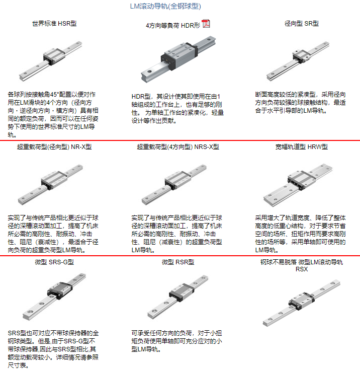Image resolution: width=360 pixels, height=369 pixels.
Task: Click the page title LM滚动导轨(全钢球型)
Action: (165, 6)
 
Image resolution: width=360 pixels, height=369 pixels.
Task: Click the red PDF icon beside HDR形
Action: (206, 24)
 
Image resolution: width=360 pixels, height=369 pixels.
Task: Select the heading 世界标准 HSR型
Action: (54, 24)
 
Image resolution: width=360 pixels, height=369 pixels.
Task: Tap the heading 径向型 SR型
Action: (302, 24)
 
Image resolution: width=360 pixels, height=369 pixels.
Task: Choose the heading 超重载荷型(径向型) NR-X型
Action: (54, 147)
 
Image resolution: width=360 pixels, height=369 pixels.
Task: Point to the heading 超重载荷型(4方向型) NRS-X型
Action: (178, 147)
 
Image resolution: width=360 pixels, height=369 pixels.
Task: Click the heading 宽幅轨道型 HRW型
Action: (302, 147)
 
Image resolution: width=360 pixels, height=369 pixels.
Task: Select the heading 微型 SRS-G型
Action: (54, 262)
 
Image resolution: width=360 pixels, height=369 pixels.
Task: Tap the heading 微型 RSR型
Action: (178, 262)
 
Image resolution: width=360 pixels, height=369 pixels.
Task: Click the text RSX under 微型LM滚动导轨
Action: (302, 269)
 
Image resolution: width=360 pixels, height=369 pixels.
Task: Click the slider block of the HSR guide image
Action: (54, 56)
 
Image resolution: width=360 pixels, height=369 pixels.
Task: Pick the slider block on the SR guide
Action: (301, 56)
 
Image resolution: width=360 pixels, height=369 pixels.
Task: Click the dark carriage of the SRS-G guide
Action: (60, 290)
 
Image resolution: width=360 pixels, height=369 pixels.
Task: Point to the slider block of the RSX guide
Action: (302, 301)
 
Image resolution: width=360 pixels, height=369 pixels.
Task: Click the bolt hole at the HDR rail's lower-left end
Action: (149, 71)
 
